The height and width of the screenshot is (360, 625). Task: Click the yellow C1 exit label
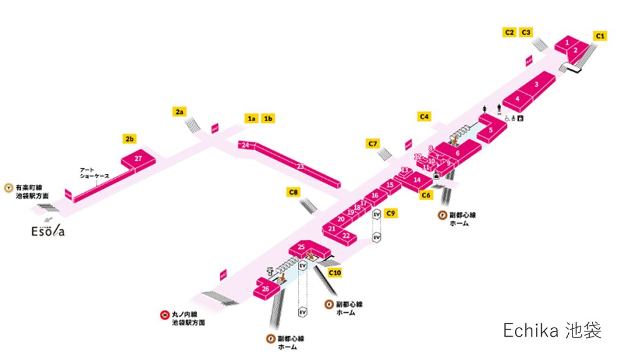pyautogui.click(x=601, y=37)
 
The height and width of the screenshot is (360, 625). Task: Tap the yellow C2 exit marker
pyautogui.click(x=510, y=32)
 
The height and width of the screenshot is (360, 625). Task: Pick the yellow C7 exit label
pyautogui.click(x=374, y=144)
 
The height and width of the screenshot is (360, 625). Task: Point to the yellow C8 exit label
pyautogui.click(x=294, y=193)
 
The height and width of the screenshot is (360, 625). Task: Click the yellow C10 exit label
pyautogui.click(x=334, y=273)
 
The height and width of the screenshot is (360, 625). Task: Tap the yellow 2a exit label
pyautogui.click(x=179, y=112)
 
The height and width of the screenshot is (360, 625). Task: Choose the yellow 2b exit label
pyautogui.click(x=129, y=139)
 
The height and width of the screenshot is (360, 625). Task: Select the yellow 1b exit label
pyautogui.click(x=268, y=118)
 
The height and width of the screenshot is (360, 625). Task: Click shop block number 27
pyautogui.click(x=139, y=159)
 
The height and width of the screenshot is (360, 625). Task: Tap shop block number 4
pyautogui.click(x=517, y=98)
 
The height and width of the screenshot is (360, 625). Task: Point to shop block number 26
pyautogui.click(x=266, y=289)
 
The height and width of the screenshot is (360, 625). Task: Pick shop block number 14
pyautogui.click(x=417, y=180)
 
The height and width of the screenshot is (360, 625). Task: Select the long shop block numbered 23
pyautogui.click(x=300, y=166)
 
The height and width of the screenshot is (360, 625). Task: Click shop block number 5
pyautogui.click(x=491, y=130)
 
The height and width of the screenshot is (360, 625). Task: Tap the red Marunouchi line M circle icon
pyautogui.click(x=164, y=315)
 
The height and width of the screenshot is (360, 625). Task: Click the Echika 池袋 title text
pyautogui.click(x=552, y=331)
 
